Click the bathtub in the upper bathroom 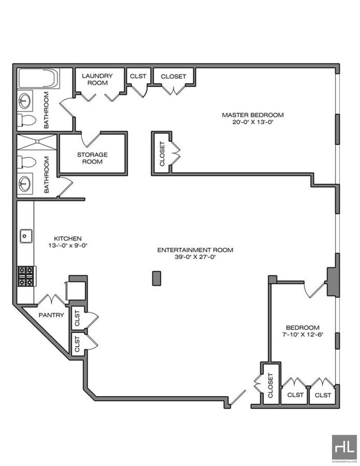[x=38, y=78]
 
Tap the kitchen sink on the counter [x=26, y=236]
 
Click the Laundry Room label [x=98, y=79]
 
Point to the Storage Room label [x=92, y=158]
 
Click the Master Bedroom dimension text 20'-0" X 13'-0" [x=252, y=122]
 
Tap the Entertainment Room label [x=195, y=250]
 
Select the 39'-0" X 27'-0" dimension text [x=195, y=257]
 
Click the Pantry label [x=51, y=315]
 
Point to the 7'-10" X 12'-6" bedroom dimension [x=303, y=335]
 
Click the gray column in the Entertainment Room [x=157, y=278]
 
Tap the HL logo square [x=344, y=447]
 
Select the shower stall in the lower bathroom [x=36, y=142]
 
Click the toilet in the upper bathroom [x=27, y=120]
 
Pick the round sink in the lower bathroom [x=24, y=184]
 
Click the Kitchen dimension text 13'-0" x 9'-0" [x=68, y=246]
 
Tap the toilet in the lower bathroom [x=27, y=162]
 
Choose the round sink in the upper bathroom [x=24, y=101]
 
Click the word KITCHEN [x=67, y=239]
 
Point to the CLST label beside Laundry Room [x=138, y=77]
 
